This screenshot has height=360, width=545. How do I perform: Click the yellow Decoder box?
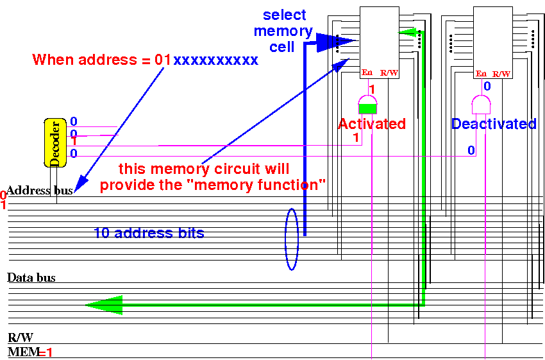(x=56, y=142)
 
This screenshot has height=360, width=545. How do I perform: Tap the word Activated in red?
(x=372, y=124)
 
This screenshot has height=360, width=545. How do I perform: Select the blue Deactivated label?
(x=494, y=124)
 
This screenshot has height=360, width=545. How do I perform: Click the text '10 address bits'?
(x=149, y=234)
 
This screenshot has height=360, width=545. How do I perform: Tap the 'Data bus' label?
(x=31, y=278)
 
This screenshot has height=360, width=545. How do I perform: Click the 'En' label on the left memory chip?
(x=367, y=73)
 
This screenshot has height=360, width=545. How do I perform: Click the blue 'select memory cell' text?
(x=283, y=30)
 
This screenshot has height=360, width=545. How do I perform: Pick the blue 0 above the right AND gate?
(x=487, y=86)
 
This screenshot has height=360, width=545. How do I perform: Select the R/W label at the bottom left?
(x=21, y=338)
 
